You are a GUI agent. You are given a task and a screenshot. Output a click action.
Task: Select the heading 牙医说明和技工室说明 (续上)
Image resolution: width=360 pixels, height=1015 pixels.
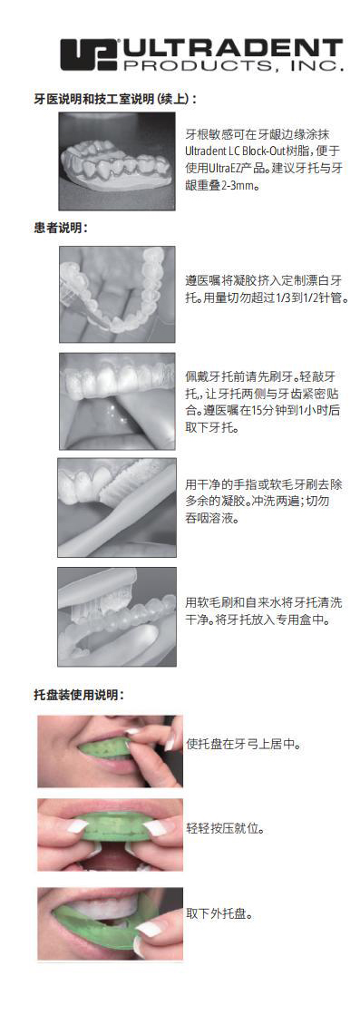point(115,98)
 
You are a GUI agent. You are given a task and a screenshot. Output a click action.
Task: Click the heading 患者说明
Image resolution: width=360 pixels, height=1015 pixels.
point(62,228)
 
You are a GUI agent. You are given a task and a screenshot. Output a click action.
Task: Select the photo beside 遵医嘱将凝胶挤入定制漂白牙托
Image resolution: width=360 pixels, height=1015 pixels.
point(117,294)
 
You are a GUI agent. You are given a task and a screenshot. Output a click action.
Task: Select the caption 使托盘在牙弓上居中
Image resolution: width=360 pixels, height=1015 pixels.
point(243,744)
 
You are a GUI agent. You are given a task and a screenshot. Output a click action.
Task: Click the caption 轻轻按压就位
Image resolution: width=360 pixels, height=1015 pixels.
point(225,829)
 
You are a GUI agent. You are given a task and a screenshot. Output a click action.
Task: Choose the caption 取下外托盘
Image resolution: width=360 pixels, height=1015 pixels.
point(219,913)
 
